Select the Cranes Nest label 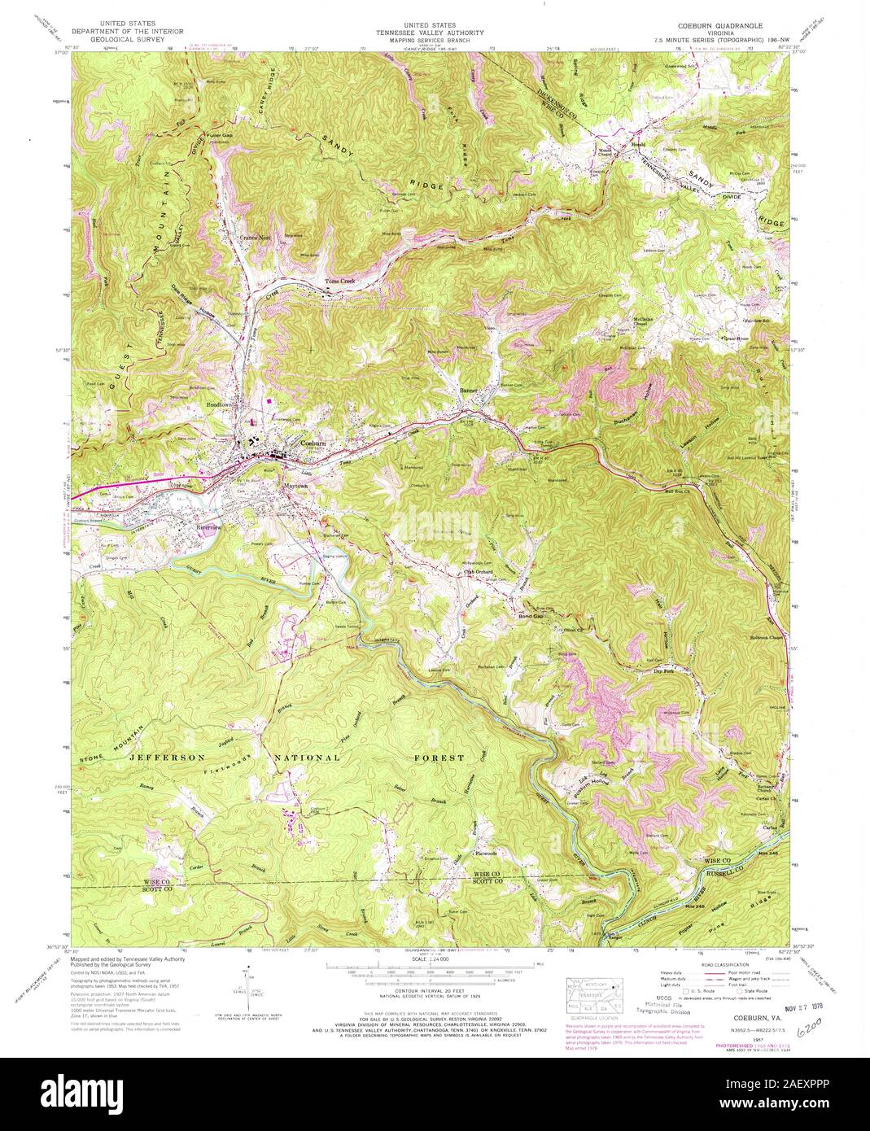click(x=253, y=238)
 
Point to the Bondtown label click(x=220, y=404)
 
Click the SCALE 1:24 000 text click(x=434, y=959)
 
